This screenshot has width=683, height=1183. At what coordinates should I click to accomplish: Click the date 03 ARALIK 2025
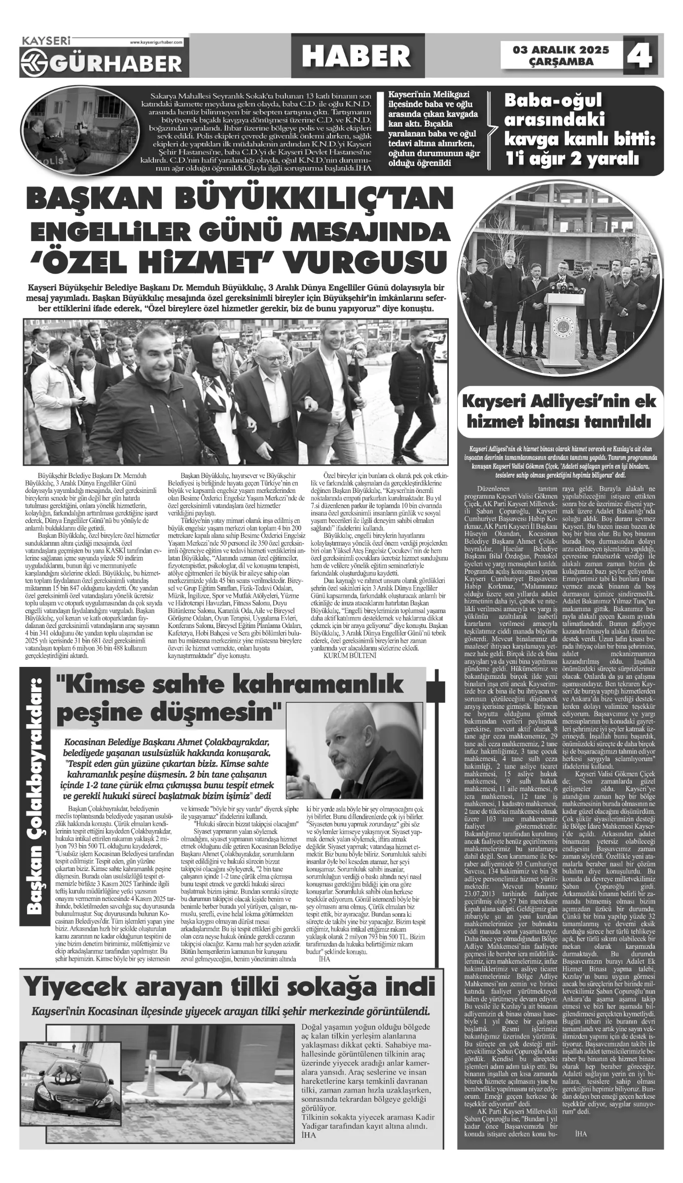pyautogui.click(x=561, y=50)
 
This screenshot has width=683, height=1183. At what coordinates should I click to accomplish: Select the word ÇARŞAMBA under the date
pyautogui.click(x=561, y=62)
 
